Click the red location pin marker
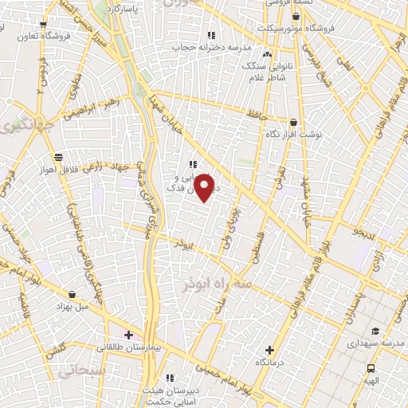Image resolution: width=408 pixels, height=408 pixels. (205, 188)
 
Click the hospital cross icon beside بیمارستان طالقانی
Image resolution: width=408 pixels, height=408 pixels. (129, 334)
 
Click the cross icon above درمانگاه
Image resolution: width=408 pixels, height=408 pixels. (269, 350)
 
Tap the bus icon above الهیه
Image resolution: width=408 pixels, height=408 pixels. (371, 368)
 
